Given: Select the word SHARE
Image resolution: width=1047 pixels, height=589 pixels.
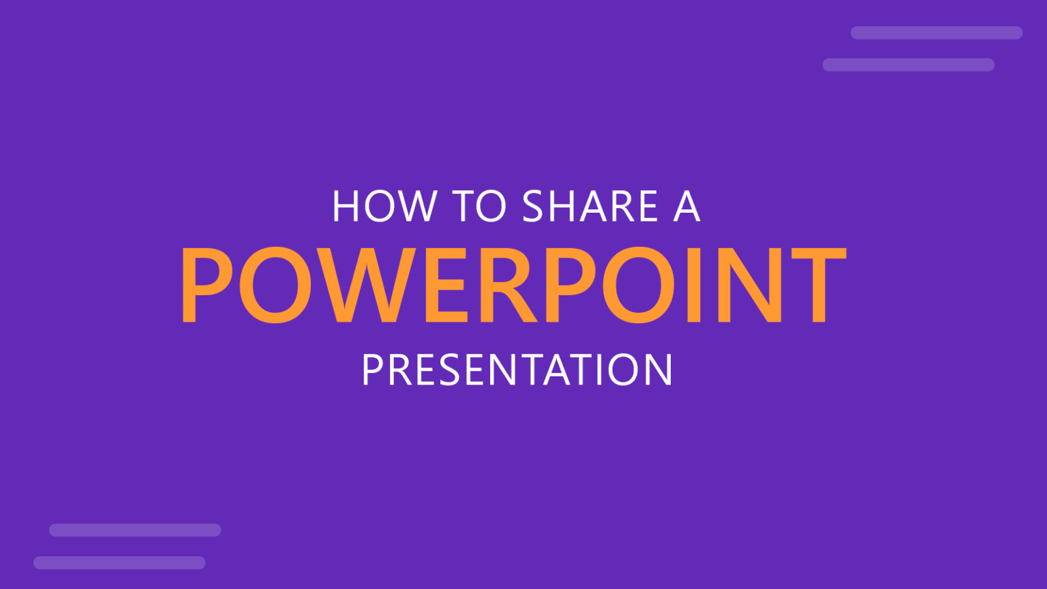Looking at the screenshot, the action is [x=590, y=206].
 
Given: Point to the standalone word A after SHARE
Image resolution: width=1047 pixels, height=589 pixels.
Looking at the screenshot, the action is [x=686, y=206].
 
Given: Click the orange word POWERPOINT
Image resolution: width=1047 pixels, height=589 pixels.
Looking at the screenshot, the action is [x=513, y=285].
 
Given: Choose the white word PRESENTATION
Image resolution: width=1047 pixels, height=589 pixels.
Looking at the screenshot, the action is [x=517, y=369].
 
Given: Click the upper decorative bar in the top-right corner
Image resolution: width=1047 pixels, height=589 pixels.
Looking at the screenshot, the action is [x=936, y=33].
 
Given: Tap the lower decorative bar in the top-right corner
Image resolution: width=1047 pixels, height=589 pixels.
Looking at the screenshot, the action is [x=908, y=65].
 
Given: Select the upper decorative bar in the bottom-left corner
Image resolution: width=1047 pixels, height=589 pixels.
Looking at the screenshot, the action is [x=135, y=530].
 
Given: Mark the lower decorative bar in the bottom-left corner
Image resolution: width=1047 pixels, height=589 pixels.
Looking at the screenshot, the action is [x=119, y=563].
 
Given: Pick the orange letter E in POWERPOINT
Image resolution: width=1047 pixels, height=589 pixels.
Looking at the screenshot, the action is [x=445, y=285].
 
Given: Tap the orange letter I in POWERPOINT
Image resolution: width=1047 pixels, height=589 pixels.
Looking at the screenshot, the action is [x=694, y=285].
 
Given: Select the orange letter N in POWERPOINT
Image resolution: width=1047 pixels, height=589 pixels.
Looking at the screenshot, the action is [x=749, y=285].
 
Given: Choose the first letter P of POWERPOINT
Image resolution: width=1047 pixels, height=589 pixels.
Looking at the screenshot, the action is [x=207, y=285].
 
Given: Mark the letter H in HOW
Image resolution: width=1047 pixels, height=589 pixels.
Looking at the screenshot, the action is [x=346, y=206].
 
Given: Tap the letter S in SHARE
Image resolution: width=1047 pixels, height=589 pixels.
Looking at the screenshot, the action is [x=534, y=206].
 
